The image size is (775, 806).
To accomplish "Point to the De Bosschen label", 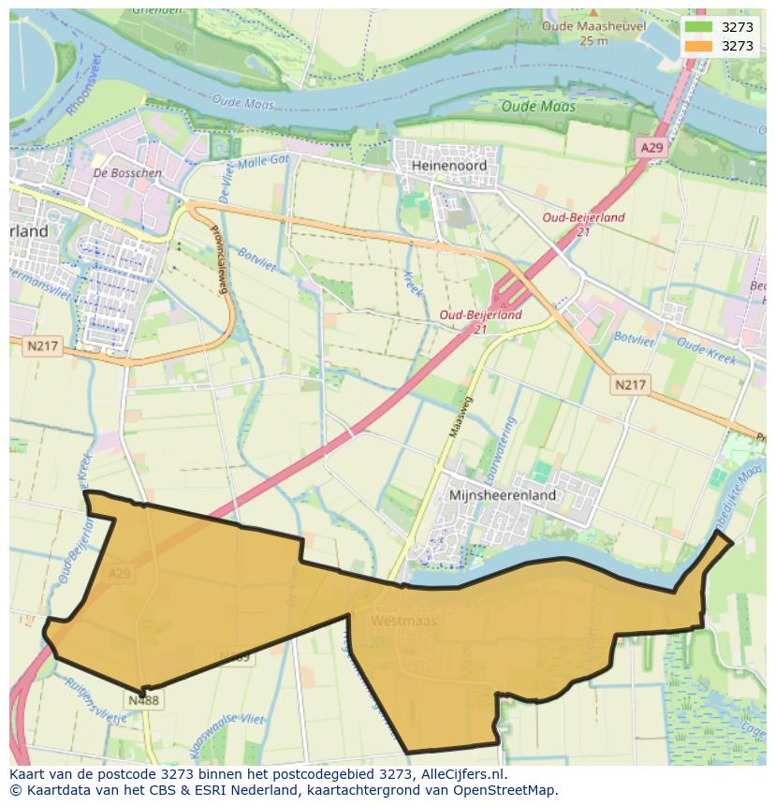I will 127,173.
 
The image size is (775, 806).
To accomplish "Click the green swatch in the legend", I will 697,27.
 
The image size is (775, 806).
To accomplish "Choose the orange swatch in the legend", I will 697,46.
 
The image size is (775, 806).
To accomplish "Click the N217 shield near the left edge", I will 41,345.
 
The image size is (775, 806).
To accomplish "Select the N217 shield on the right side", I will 631,385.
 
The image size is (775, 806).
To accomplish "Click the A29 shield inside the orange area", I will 118,573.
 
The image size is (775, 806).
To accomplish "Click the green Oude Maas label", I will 538,107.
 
